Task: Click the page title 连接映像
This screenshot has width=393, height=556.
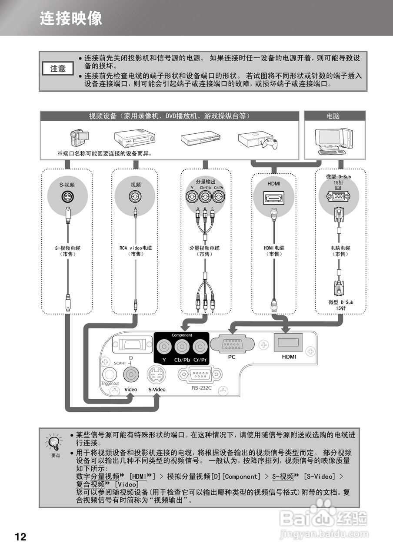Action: [71, 18]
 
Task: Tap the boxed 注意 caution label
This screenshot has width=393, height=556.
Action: [58, 69]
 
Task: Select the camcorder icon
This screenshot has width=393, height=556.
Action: [80, 138]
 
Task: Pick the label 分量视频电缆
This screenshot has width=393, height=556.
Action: [204, 248]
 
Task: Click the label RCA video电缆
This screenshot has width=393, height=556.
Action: [135, 248]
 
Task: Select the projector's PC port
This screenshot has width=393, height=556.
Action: [232, 344]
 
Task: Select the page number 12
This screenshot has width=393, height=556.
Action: [20, 537]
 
